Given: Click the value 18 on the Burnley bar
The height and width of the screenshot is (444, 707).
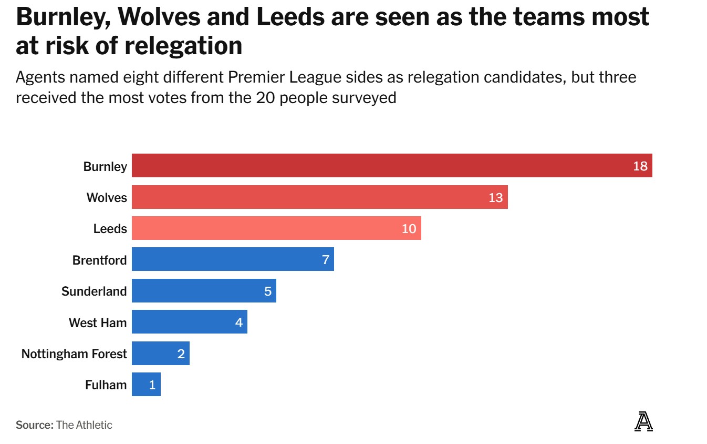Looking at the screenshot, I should (640, 166).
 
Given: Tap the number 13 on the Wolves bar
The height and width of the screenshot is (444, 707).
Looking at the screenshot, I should (495, 198).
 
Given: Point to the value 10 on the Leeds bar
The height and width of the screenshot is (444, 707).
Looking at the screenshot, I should (409, 229).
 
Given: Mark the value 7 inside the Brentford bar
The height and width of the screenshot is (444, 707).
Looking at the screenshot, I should (326, 260).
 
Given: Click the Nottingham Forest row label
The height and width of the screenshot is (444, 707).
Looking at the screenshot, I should (74, 354).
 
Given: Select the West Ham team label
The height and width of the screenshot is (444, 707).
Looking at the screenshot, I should (98, 322).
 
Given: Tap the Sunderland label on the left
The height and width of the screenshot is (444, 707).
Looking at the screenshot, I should (94, 291).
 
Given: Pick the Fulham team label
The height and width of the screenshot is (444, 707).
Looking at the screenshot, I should (106, 385).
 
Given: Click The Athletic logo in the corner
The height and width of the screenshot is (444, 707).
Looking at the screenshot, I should (643, 422).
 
